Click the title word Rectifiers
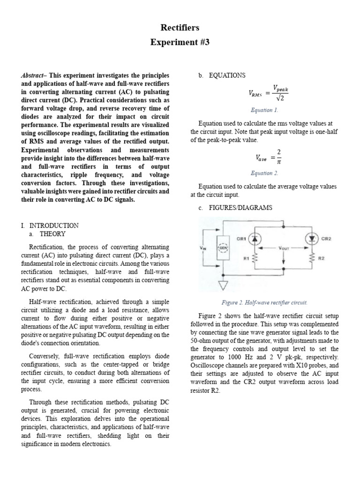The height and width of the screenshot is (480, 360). [x=180, y=28]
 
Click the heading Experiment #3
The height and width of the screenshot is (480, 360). [x=180, y=43]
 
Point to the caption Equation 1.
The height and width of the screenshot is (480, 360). [x=264, y=110]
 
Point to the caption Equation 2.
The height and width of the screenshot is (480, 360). [x=264, y=173]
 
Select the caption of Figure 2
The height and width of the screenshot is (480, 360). [x=264, y=302]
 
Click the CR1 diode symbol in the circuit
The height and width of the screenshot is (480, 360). [x=255, y=239]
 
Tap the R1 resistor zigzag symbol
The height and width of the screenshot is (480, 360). [x=255, y=258]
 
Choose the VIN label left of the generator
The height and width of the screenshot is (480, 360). [x=202, y=247]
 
